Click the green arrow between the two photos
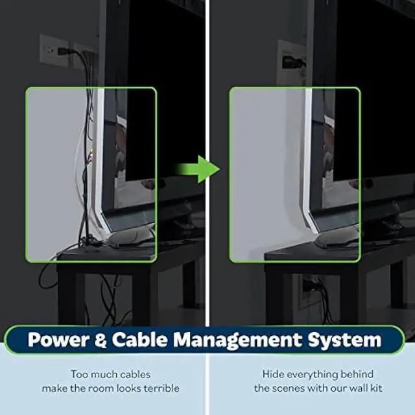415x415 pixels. tap(198, 169)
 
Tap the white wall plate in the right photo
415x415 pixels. tap(290, 62)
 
